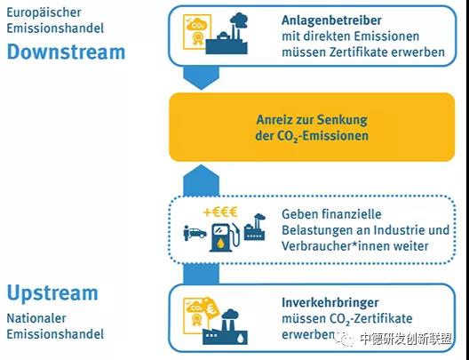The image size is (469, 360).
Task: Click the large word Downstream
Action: tap(66, 52)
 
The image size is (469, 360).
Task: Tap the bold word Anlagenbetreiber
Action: tap(331, 20)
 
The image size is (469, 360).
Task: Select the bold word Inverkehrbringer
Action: tap(330, 302)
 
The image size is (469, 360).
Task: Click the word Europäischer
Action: tap(44, 12)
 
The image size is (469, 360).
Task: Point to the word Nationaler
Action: tap(36, 318)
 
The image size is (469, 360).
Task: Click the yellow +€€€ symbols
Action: tap(220, 212)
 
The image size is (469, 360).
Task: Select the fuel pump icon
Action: tap(226, 236)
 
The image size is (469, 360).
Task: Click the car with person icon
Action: tap(195, 233)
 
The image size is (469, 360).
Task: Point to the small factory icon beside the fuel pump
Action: tap(255, 227)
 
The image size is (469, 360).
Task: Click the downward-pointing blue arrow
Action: tap(201, 77)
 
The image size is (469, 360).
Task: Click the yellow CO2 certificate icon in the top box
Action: tap(197, 32)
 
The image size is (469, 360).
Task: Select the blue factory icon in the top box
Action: tap(227, 34)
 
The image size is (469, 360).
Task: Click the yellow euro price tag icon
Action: tap(211, 308)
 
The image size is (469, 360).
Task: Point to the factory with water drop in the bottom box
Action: tap(225, 327)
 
